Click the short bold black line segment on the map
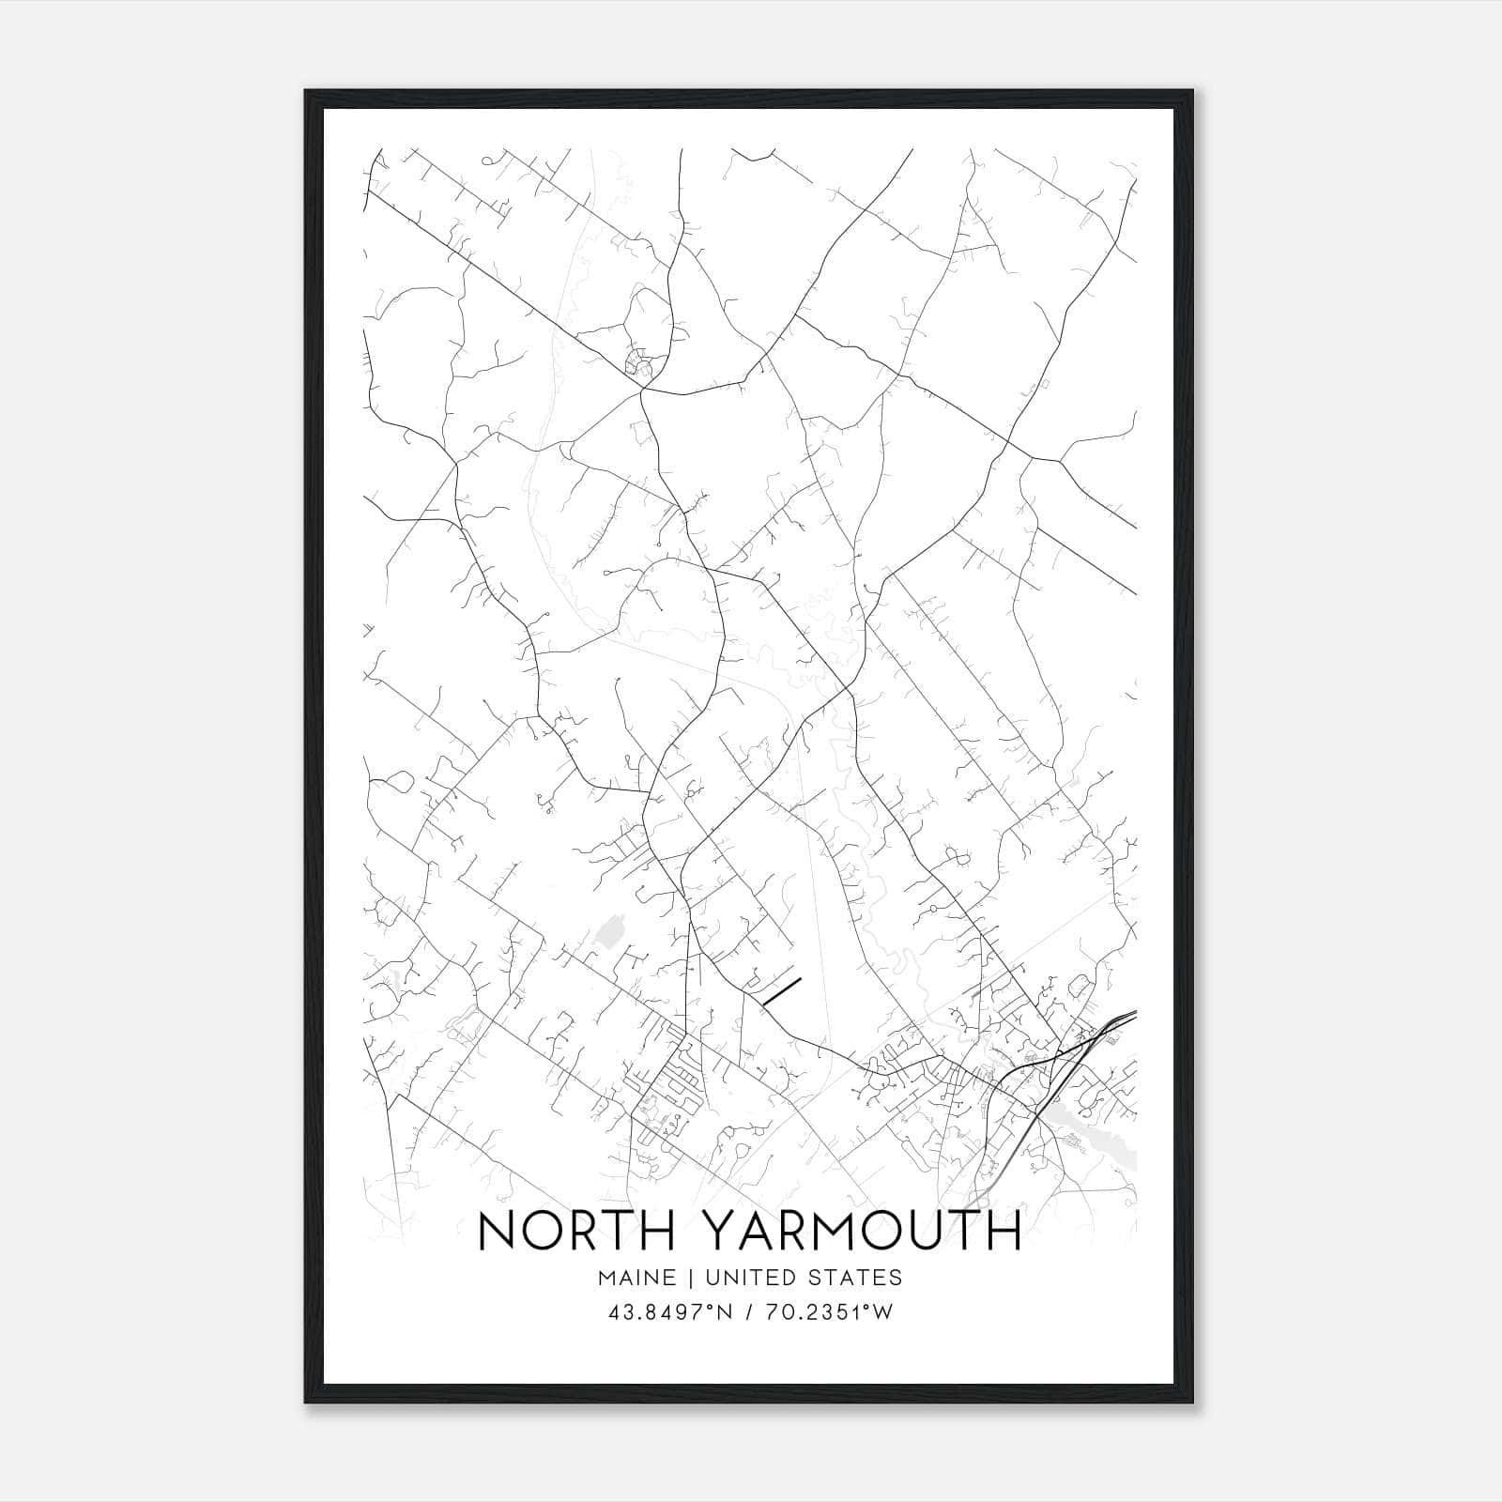pos(781,991)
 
